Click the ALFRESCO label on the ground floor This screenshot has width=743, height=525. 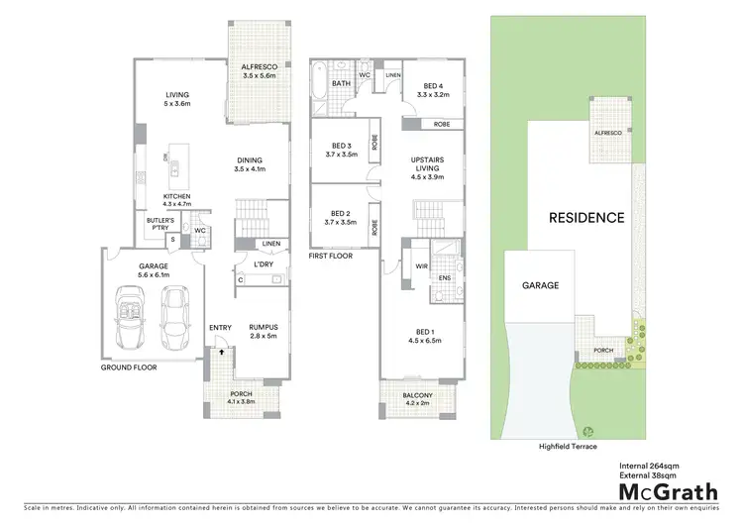(x=257, y=69)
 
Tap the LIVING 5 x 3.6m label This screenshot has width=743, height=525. (x=176, y=99)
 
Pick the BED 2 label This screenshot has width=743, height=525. (x=339, y=217)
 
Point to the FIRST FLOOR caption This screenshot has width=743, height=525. (x=331, y=257)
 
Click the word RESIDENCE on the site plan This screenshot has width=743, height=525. (x=587, y=217)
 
